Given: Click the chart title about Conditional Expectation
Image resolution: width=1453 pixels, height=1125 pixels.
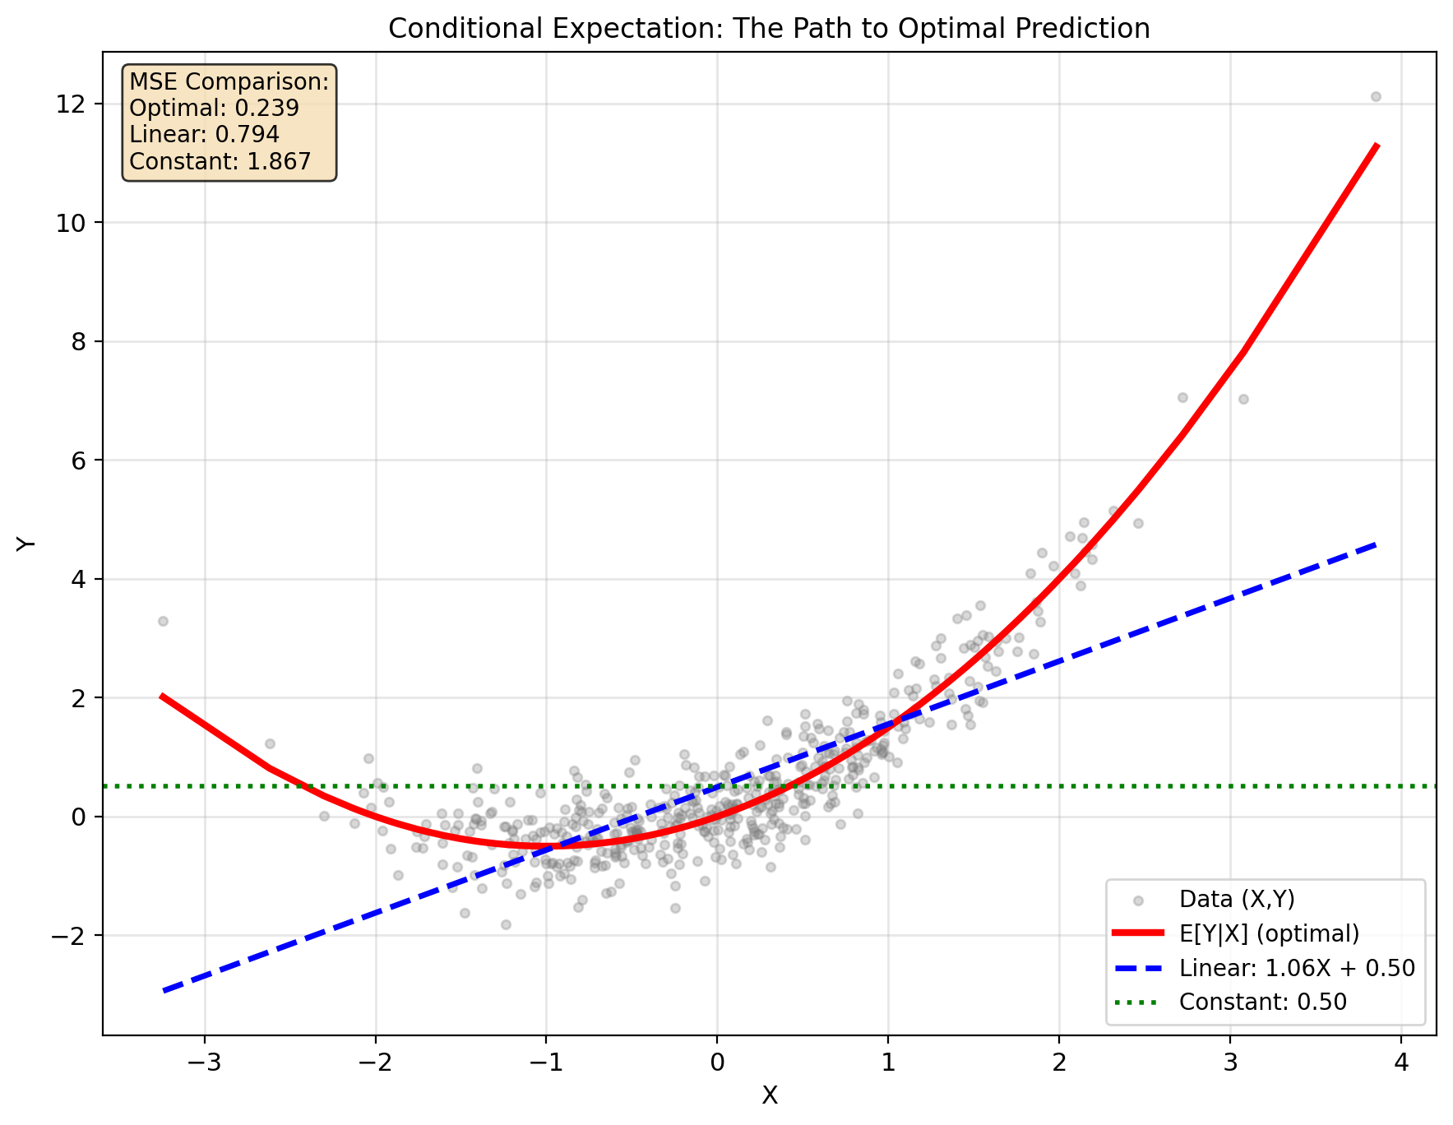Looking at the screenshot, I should [769, 29].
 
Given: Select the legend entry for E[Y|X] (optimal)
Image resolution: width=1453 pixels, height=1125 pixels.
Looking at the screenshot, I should [1269, 933].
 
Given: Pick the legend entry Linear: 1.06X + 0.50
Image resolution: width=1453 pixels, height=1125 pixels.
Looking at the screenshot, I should [1297, 968].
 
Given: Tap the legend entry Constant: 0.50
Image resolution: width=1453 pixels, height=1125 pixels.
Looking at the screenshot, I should [1262, 1002].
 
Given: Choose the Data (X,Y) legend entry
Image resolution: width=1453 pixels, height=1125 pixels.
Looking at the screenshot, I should [1237, 900].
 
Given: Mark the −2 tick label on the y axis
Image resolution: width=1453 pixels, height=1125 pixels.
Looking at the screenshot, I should [72, 936].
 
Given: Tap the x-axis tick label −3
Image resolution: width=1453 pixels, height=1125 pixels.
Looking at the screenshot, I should [204, 1063].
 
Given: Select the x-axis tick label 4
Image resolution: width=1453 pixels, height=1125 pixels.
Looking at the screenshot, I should [1401, 1063].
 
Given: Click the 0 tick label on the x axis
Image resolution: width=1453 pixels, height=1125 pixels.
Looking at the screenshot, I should [717, 1063].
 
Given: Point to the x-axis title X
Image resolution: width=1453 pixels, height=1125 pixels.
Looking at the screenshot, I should [770, 1095].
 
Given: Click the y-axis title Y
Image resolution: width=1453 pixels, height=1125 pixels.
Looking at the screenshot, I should [27, 544].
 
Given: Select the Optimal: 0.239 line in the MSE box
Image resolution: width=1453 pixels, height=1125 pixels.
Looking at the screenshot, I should [215, 108].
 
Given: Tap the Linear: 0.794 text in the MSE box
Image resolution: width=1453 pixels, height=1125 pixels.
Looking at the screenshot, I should [205, 134].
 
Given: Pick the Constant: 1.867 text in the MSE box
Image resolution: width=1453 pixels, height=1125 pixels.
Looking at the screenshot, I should [220, 161].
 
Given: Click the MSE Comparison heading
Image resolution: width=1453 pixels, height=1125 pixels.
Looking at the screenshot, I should [229, 81].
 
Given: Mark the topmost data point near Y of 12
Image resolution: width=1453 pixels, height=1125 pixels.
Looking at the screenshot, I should [1376, 96].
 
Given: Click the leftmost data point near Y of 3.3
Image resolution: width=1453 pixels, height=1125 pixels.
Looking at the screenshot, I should [163, 621].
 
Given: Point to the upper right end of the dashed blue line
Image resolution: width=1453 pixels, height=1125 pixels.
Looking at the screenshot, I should [1376, 544].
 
